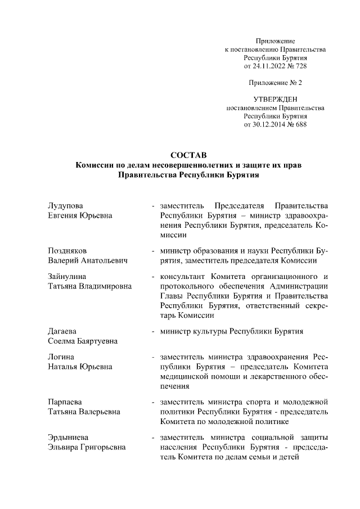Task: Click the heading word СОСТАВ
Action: [188, 155]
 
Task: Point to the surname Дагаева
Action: [61, 331]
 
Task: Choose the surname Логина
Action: [60, 357]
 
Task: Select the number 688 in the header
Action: [300, 124]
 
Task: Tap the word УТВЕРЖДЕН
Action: [275, 99]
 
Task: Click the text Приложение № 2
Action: [275, 83]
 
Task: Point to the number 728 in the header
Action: [300, 66]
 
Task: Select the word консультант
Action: [182, 276]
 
